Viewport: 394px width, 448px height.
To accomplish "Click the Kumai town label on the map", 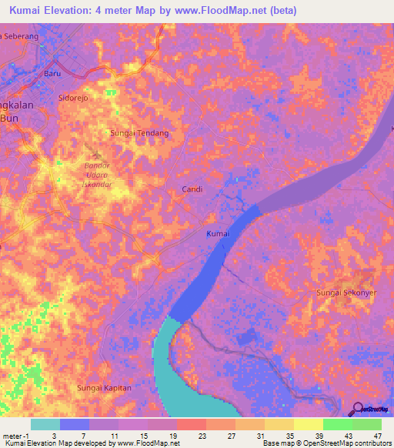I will coord(219,234).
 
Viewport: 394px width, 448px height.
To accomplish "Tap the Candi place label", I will coord(192,189).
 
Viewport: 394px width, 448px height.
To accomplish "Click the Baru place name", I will coord(52,74).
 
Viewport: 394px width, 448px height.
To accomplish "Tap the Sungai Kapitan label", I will coord(104,388).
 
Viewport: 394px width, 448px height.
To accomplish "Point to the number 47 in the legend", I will coord(376,436).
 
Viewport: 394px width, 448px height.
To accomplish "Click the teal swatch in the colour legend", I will coord(45,424).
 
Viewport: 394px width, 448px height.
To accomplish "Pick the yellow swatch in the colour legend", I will coord(309,424).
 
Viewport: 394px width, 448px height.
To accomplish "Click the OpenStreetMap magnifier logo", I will coord(358,410).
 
